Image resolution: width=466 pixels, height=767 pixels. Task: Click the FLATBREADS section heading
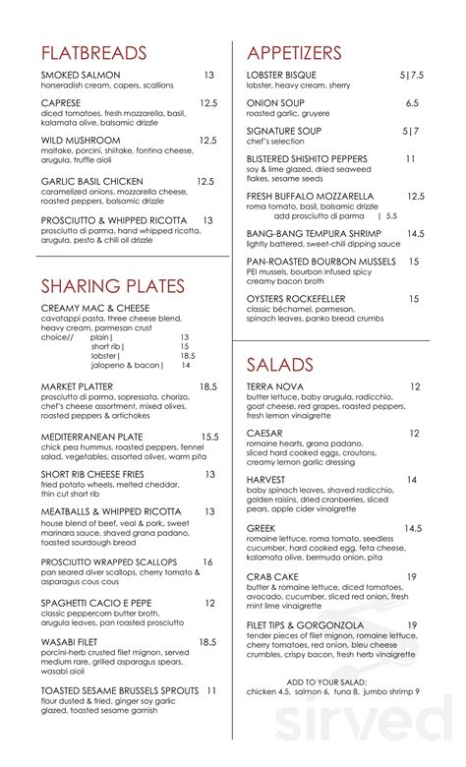94,53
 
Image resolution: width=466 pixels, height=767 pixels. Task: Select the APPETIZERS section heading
295,53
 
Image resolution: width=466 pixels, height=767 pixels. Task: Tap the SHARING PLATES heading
113,286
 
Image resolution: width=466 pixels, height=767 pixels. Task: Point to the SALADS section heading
280,365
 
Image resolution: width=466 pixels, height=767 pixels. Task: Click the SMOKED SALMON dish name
82,75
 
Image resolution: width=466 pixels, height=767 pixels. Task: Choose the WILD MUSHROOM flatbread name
81,141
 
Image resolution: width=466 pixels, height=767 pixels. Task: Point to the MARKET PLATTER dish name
78,387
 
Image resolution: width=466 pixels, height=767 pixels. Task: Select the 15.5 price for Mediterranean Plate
208,436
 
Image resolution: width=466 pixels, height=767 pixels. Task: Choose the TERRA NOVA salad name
275,387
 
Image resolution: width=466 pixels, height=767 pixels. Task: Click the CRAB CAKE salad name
272,577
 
